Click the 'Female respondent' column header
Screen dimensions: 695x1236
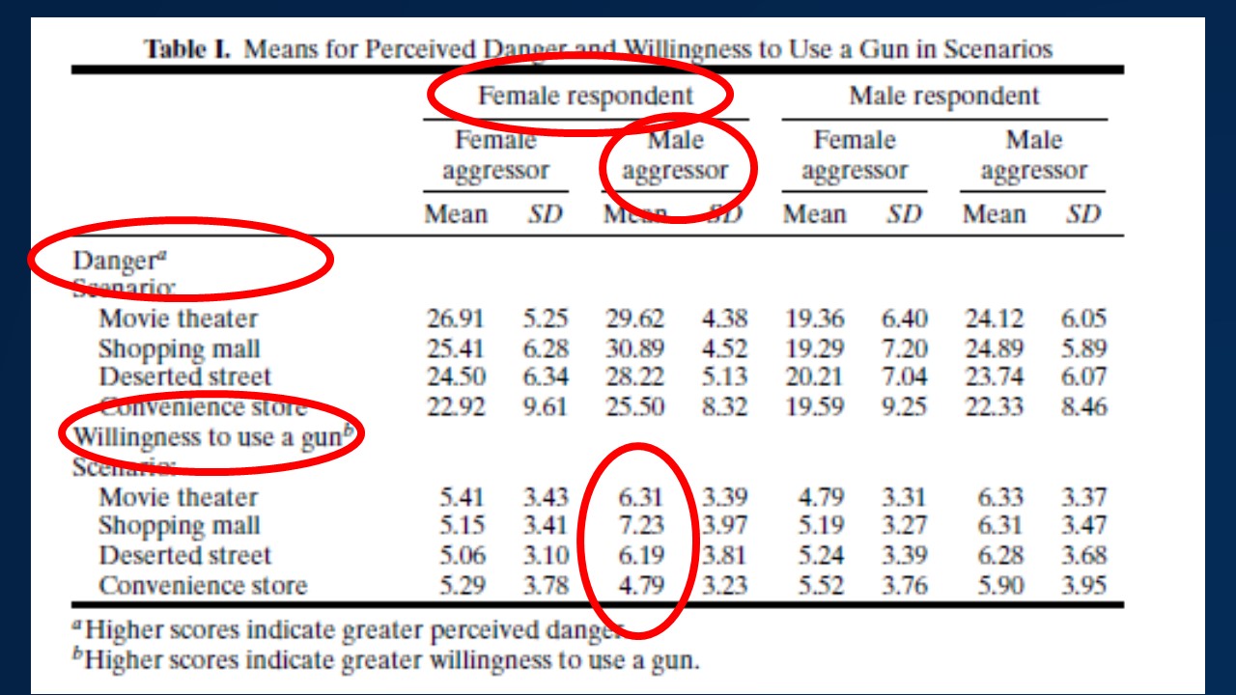(585, 96)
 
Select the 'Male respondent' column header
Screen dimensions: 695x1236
(943, 96)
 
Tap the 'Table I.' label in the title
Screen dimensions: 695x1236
(187, 48)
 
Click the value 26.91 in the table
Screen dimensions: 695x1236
(455, 319)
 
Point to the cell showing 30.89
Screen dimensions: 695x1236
(634, 347)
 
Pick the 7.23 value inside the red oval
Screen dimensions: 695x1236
(639, 526)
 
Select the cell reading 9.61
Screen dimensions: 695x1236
(546, 406)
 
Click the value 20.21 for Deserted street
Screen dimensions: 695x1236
(814, 376)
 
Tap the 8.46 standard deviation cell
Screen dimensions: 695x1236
(1083, 406)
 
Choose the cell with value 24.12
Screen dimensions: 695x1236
(994, 319)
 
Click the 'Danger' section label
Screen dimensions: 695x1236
(114, 261)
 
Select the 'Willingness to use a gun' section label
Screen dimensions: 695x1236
(208, 436)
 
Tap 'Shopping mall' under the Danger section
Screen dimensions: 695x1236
(180, 347)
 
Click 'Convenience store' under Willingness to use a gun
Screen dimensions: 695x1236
(203, 585)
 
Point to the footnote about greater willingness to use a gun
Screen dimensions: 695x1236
(390, 660)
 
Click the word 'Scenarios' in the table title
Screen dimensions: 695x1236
(994, 48)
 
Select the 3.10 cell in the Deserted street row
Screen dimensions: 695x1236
(546, 556)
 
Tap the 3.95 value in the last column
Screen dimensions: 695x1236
(1083, 585)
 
